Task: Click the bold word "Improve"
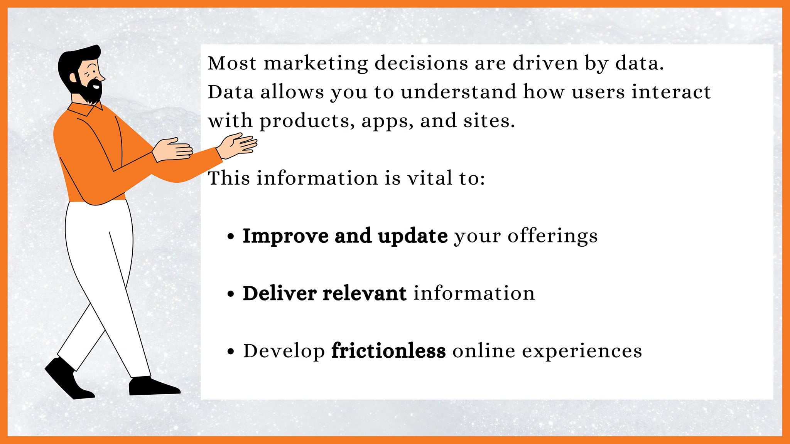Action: click(285, 236)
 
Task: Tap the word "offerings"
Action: click(552, 236)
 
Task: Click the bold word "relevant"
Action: click(365, 293)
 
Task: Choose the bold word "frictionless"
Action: click(388, 351)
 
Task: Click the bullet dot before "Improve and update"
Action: click(231, 236)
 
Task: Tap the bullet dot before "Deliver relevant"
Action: click(231, 294)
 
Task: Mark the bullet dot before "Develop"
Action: click(231, 351)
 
